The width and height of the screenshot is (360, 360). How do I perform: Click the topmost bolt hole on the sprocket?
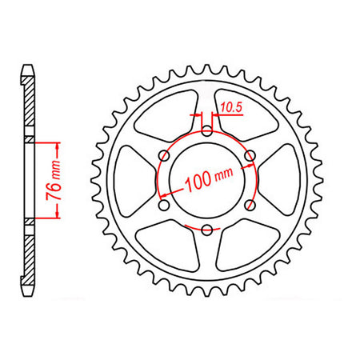tap(207, 130)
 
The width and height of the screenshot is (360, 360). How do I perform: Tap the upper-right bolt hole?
tap(250, 155)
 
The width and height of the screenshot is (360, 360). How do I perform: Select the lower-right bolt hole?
tap(250, 206)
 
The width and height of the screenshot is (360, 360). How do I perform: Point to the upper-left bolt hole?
tap(164, 155)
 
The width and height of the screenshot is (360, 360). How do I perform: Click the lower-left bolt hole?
tap(164, 206)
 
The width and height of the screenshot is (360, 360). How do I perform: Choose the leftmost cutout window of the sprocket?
tap(130, 180)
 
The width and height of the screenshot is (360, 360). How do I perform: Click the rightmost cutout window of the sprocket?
tap(284, 180)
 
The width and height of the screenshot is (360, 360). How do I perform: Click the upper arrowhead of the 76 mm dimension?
tap(58, 145)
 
